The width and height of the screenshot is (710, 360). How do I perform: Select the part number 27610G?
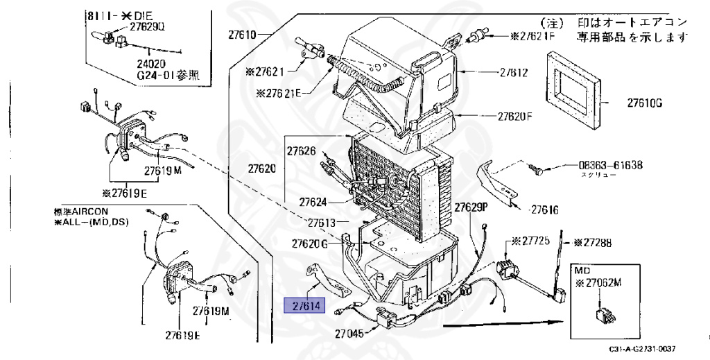(645, 104)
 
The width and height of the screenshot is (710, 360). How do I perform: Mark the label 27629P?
(471, 207)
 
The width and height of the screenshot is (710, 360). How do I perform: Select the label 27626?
(302, 151)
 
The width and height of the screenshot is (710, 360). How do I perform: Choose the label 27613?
(321, 223)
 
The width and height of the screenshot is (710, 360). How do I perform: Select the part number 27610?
(243, 34)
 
